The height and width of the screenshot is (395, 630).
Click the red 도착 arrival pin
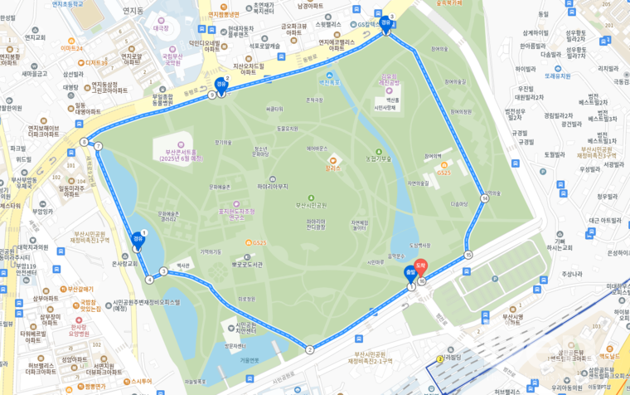tap(420, 268)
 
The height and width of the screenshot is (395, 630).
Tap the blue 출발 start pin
tap(409, 273)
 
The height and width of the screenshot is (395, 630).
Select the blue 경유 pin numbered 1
tap(138, 238)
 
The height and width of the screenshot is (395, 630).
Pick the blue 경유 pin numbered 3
tap(385, 23)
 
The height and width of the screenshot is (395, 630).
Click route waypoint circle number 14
tap(484, 198)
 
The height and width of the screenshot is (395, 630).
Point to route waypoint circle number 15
tap(468, 255)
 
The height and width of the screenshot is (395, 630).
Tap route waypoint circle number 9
tap(212, 95)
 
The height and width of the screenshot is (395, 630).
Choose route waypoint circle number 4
tap(149, 279)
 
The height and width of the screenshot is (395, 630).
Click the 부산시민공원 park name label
tap(313, 204)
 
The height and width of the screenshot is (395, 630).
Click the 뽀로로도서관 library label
tap(247, 264)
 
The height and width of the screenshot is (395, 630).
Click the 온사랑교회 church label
tap(124, 264)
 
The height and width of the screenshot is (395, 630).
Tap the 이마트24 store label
tap(71, 48)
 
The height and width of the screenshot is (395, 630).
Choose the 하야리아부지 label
tap(277, 187)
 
